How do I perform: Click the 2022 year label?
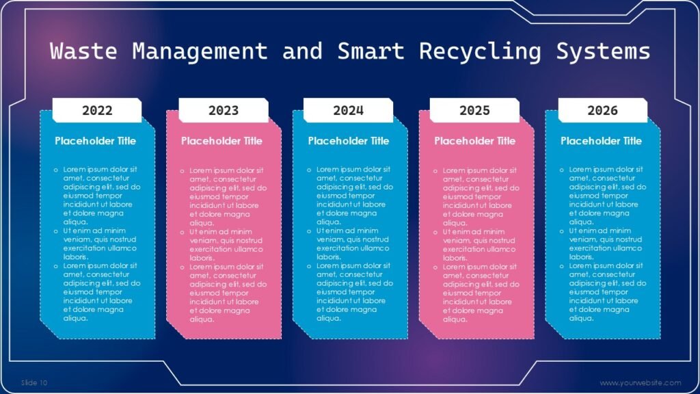[x=97, y=110]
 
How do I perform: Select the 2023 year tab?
[x=224, y=110]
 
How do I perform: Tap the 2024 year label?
[x=349, y=110]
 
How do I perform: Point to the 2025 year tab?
[x=474, y=110]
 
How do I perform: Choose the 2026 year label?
[x=602, y=110]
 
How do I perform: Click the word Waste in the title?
[x=84, y=51]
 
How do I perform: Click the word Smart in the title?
[x=371, y=51]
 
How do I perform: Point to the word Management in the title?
[x=200, y=51]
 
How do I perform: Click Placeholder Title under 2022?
[x=96, y=141]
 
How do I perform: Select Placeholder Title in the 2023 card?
[x=221, y=141]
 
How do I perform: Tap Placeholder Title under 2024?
[x=349, y=141]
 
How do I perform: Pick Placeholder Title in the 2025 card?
[x=475, y=141]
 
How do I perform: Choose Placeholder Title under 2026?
[x=602, y=141]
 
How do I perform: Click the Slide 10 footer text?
[x=34, y=382]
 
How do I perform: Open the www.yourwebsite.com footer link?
[x=641, y=382]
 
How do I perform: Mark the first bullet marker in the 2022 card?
[x=56, y=169]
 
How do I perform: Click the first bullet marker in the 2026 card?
[x=562, y=169]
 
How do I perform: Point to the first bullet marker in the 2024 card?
[x=309, y=169]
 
